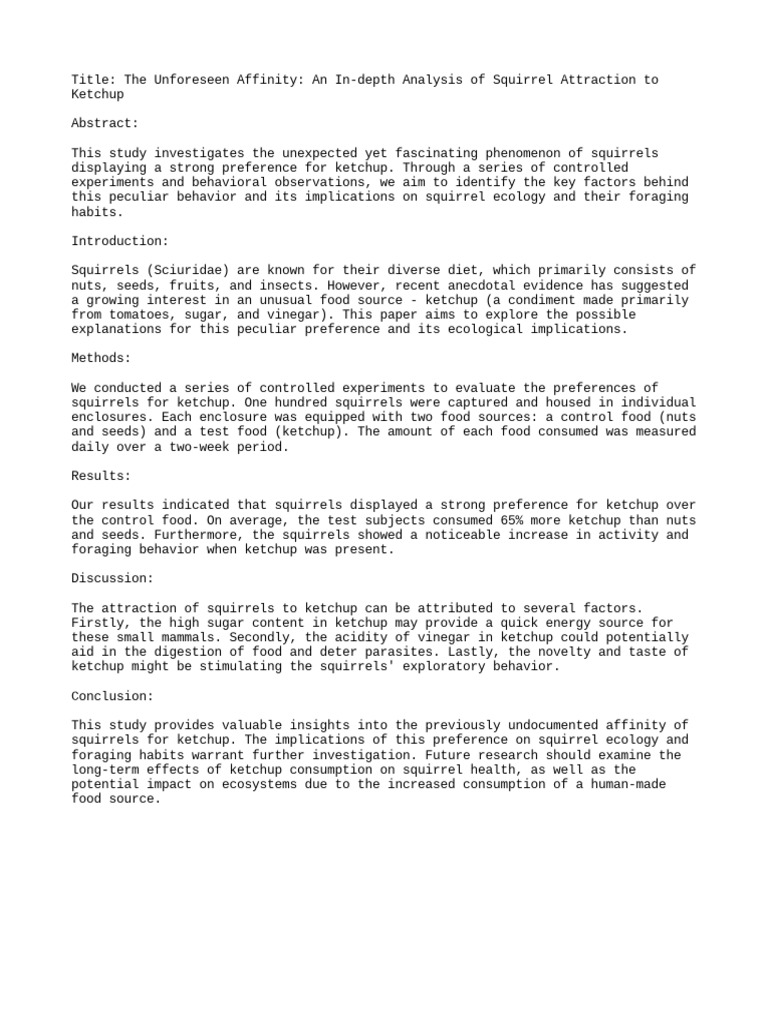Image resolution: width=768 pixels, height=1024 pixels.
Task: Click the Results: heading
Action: coord(101,476)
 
